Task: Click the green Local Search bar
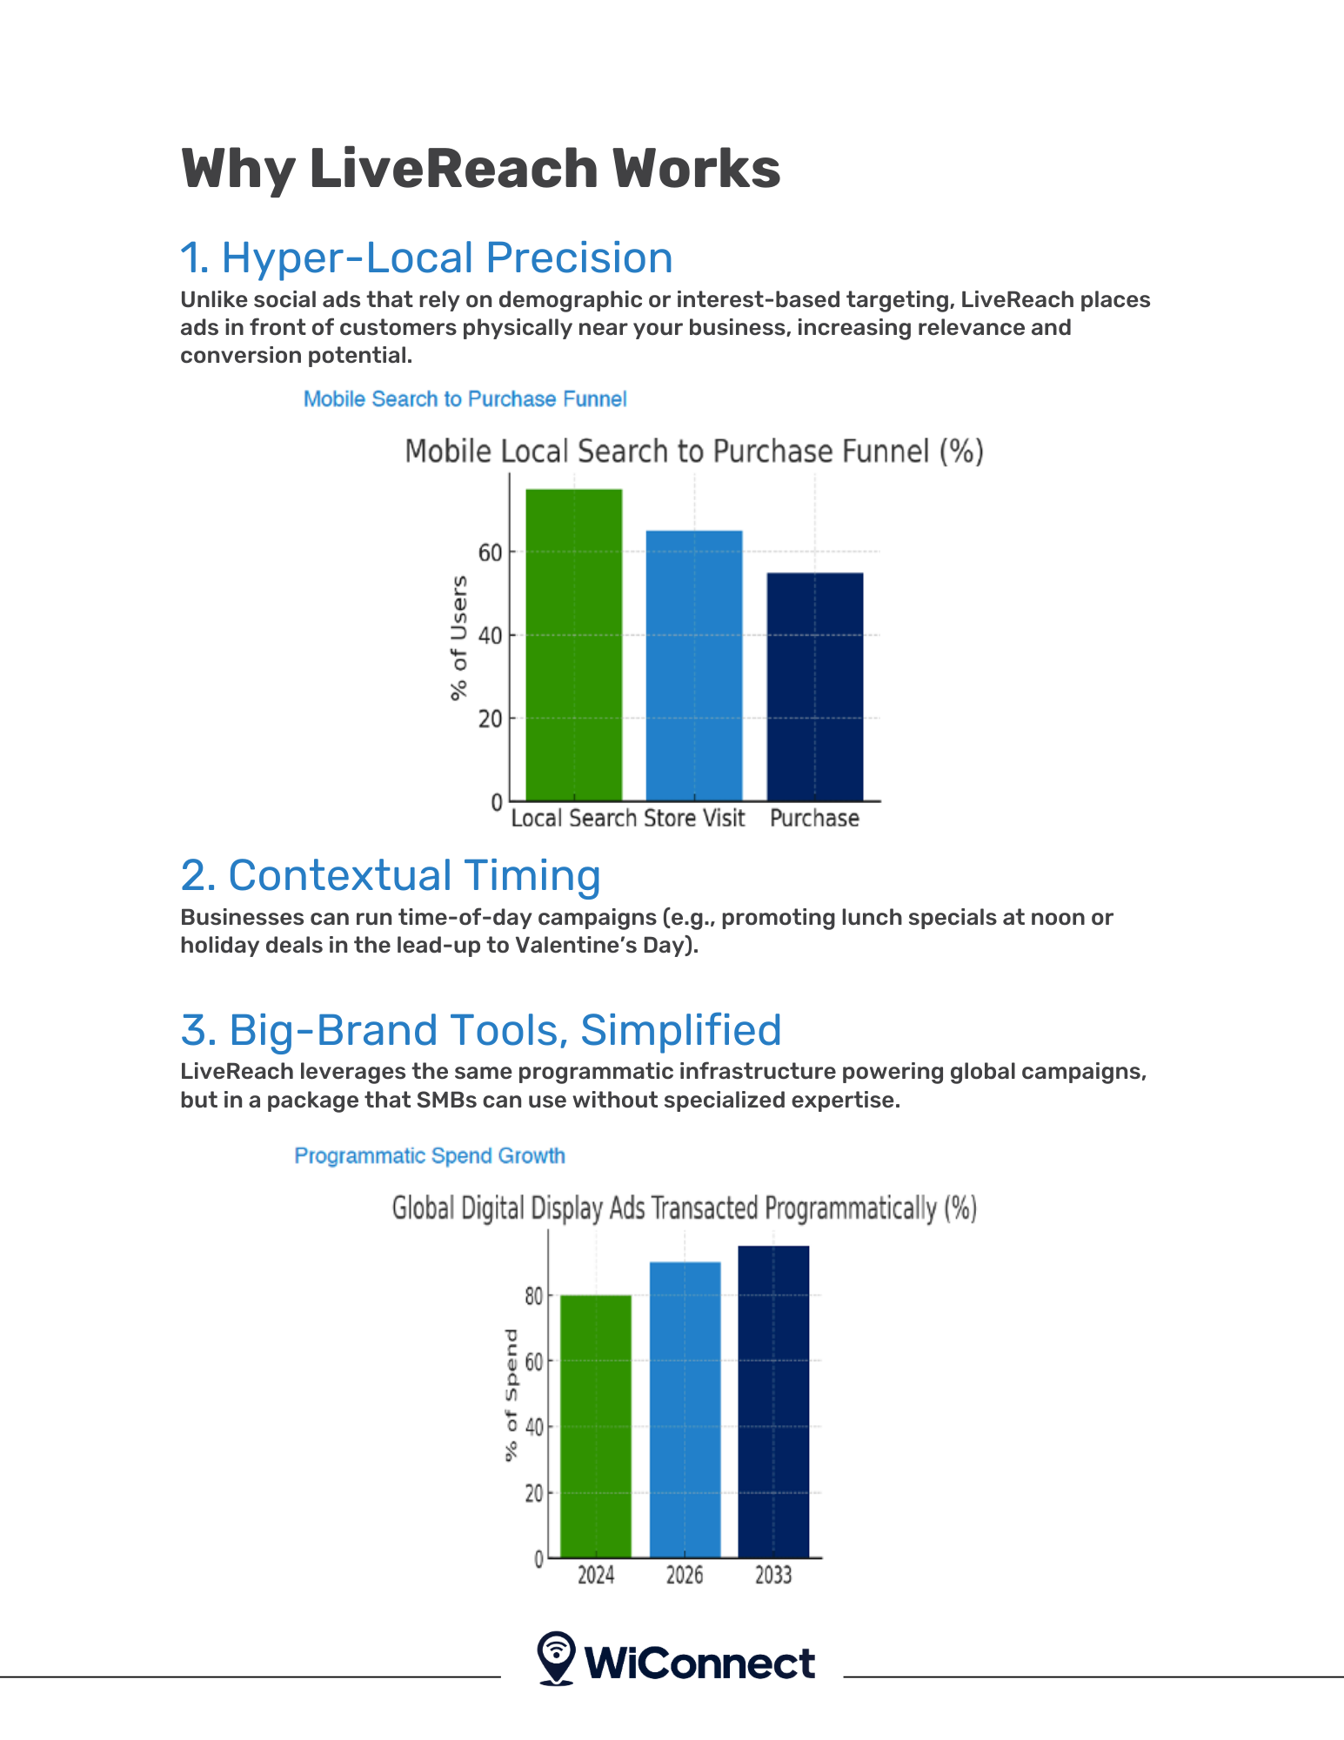574,645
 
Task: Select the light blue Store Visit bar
694,666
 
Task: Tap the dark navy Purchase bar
814,686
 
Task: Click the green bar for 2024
596,1426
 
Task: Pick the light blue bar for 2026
685,1409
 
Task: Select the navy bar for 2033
773,1402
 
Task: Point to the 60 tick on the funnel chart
490,552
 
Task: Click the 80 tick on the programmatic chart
533,1296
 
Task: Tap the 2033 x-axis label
773,1576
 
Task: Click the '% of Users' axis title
458,638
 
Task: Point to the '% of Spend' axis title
511,1395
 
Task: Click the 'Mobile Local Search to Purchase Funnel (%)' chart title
694,452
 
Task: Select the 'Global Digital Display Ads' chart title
685,1208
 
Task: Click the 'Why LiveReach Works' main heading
480,168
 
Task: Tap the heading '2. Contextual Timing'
391,875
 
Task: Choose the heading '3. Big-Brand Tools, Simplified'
481,1030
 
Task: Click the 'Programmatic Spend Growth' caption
430,1155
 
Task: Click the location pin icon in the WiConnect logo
556,1658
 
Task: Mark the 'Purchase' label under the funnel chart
814,819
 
